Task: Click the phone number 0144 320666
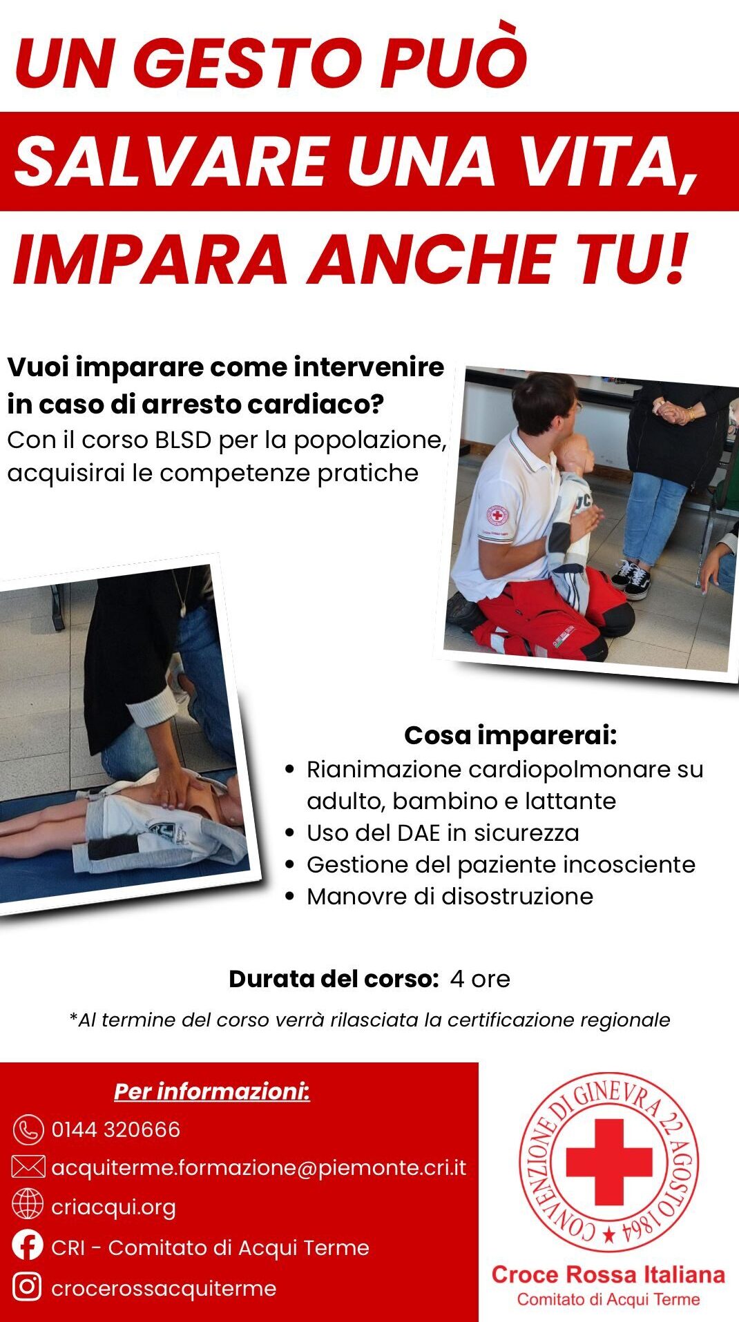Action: tap(115, 1129)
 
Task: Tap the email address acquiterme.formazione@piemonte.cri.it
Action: tap(259, 1167)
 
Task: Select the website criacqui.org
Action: tap(113, 1207)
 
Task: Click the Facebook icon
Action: tap(28, 1246)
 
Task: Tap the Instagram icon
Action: tap(28, 1287)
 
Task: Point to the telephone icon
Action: tap(28, 1129)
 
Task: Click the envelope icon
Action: tap(28, 1167)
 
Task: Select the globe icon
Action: tap(28, 1205)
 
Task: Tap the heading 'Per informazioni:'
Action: tap(212, 1091)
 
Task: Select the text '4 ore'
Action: tap(480, 979)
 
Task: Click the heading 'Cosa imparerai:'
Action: tap(510, 735)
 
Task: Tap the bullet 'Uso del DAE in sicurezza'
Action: tap(443, 833)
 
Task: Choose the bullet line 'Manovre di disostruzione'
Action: tap(450, 896)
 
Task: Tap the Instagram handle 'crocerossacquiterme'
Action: tap(164, 1288)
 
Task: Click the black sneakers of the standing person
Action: tap(632, 579)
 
